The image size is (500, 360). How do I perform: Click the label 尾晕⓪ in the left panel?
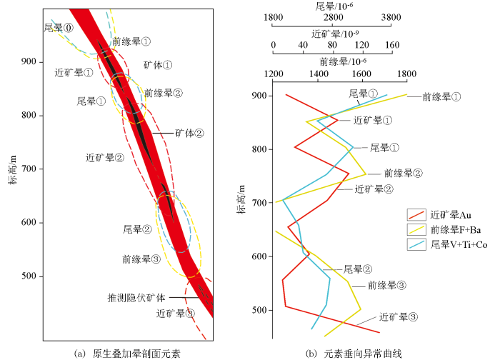(x=59, y=28)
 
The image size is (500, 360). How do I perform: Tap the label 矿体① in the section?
(x=158, y=64)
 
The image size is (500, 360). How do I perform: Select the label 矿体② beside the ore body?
(x=190, y=133)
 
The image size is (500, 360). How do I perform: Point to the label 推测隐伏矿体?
(x=136, y=297)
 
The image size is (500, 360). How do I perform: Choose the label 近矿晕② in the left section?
(x=104, y=157)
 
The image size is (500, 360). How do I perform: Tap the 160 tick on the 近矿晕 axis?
(x=391, y=45)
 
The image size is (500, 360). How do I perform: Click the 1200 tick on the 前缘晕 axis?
(x=273, y=73)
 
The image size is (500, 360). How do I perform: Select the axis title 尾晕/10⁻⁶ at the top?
(x=331, y=6)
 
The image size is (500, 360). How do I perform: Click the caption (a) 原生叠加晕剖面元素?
(x=128, y=353)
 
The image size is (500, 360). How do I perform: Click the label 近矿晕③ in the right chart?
(x=398, y=316)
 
